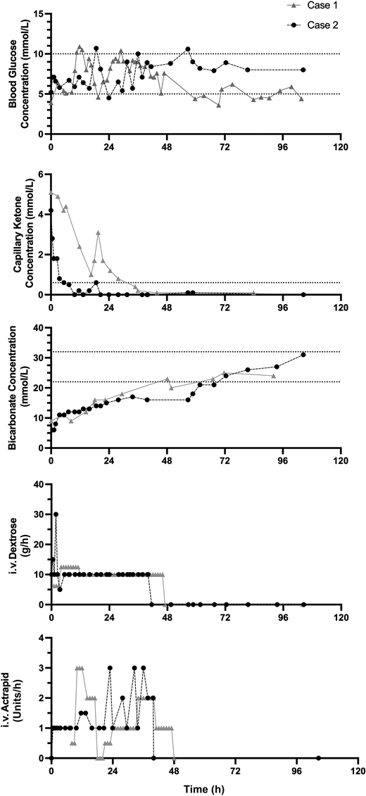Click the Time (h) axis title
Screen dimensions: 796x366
pos(195,786)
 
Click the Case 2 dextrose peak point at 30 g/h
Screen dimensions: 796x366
pos(56,514)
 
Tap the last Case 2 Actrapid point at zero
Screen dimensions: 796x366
pos(318,758)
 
